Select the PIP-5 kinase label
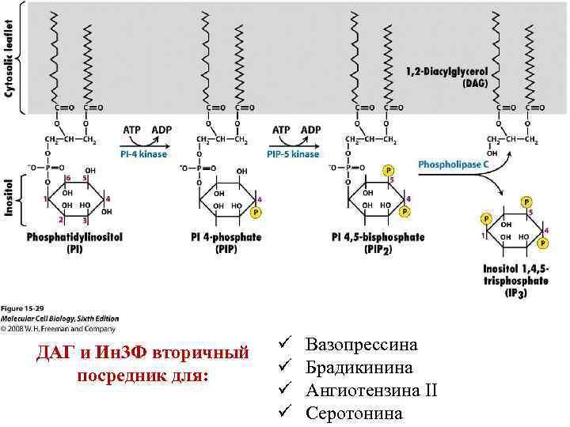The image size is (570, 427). click(294, 155)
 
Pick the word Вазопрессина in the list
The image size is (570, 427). click(361, 345)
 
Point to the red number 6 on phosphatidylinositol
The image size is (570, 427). click(68, 178)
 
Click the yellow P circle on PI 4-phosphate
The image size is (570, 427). click(254, 213)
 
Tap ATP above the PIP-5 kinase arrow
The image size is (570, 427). click(281, 129)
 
